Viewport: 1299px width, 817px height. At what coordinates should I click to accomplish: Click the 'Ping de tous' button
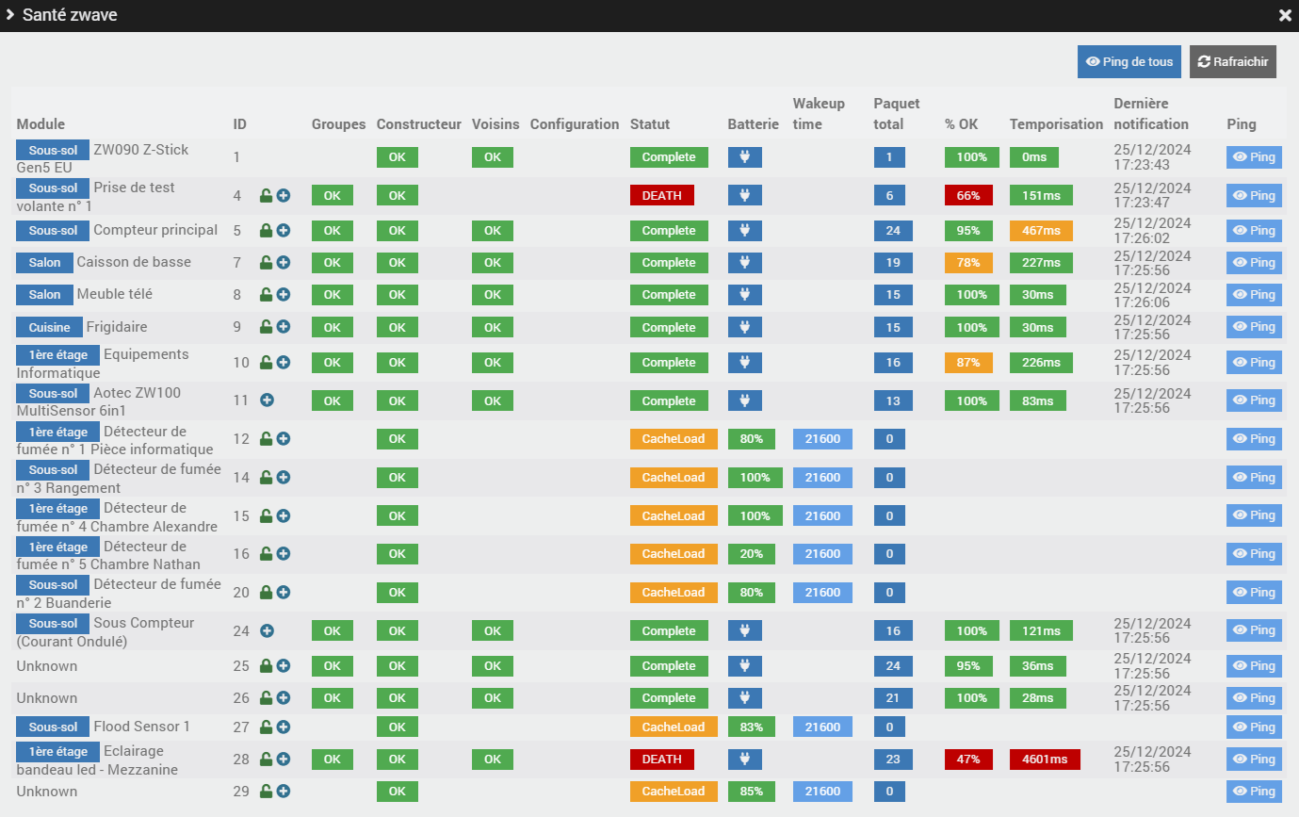[1129, 62]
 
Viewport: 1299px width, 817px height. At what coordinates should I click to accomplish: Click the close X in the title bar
[1285, 16]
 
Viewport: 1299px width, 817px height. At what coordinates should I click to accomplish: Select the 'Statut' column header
[650, 124]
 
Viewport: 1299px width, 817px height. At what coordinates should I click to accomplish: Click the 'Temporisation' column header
[1056, 124]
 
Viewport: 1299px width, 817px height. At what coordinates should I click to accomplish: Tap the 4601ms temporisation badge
[1045, 760]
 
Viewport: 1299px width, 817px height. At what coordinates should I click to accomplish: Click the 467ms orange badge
[1041, 231]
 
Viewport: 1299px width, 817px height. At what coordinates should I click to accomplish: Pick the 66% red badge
[968, 196]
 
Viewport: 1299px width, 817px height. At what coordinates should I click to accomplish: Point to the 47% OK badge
[968, 760]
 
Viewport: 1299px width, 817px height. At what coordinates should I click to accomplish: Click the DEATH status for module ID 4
[661, 196]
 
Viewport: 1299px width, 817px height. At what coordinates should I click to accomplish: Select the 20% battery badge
[751, 554]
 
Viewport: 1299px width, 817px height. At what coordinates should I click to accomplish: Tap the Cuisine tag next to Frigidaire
[49, 328]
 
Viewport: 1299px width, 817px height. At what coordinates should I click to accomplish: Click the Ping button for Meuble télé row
[1254, 295]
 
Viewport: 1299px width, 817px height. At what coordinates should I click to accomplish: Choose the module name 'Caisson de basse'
[134, 262]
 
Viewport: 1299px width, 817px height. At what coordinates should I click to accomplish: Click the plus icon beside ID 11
[267, 400]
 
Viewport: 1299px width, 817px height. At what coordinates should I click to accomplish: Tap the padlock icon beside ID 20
[266, 593]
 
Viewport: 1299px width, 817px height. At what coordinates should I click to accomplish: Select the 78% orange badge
[968, 263]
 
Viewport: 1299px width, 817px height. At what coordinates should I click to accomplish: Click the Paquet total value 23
[893, 760]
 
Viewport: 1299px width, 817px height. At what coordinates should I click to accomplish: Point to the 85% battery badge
[751, 792]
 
